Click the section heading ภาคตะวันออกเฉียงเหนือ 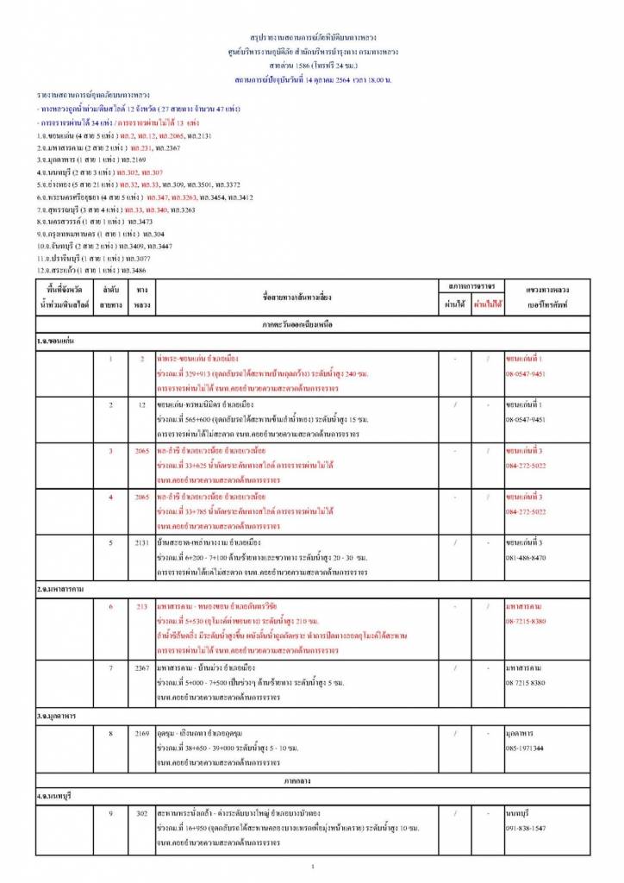click(x=313, y=325)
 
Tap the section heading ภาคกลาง click(x=313, y=780)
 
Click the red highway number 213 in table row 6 click(x=142, y=606)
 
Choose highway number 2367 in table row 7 click(x=142, y=669)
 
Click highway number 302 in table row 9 click(x=142, y=813)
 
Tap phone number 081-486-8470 click(x=526, y=557)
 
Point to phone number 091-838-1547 click(x=526, y=828)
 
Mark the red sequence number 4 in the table click(x=110, y=498)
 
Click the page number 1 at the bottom click(x=313, y=867)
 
